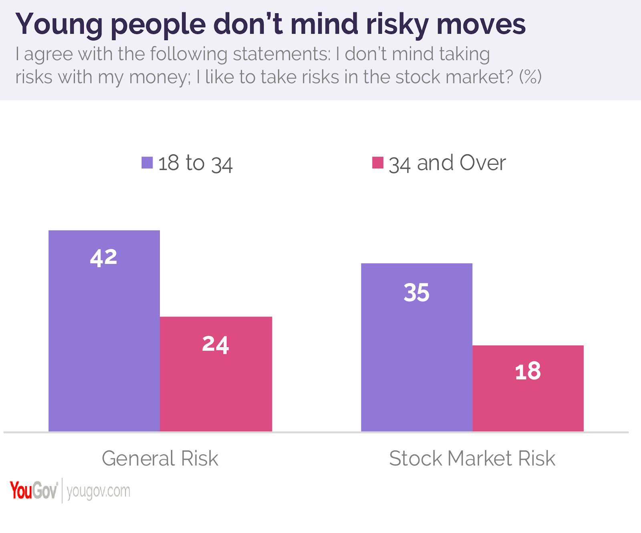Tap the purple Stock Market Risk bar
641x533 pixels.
pyautogui.click(x=417, y=361)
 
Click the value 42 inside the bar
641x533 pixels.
pyautogui.click(x=104, y=257)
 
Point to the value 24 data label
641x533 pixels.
pyautogui.click(x=216, y=344)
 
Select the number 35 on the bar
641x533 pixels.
pyautogui.click(x=417, y=293)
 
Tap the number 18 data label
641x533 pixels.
pyautogui.click(x=528, y=371)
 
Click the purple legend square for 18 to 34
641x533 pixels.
pyautogui.click(x=147, y=163)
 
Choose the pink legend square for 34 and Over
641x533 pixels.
pyautogui.click(x=378, y=163)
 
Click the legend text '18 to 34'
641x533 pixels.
pyautogui.click(x=196, y=164)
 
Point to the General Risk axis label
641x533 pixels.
pyautogui.click(x=160, y=458)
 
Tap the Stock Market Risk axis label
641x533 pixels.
pyautogui.click(x=472, y=458)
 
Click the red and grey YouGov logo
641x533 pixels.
pyautogui.click(x=34, y=491)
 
